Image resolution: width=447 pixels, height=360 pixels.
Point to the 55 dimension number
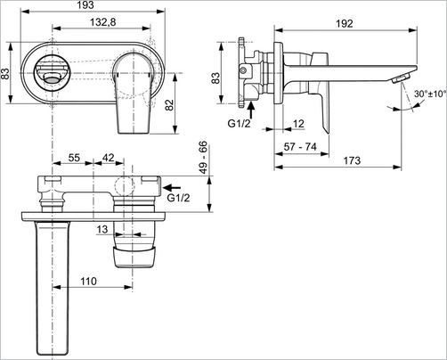74,158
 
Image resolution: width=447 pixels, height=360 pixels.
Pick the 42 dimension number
108,158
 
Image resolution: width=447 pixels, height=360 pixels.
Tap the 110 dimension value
87,281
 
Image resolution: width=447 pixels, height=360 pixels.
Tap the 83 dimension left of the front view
6,73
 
